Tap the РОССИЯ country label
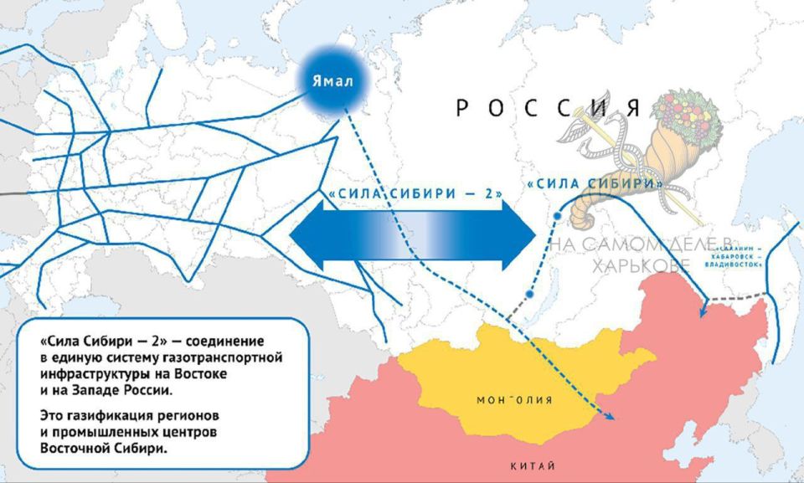pyautogui.click(x=549, y=108)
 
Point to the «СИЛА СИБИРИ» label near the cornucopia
pyautogui.click(x=594, y=183)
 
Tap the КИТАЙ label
pyautogui.click(x=533, y=465)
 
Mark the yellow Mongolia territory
pyautogui.click(x=469, y=377)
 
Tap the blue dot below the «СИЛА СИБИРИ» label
pyautogui.click(x=556, y=216)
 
